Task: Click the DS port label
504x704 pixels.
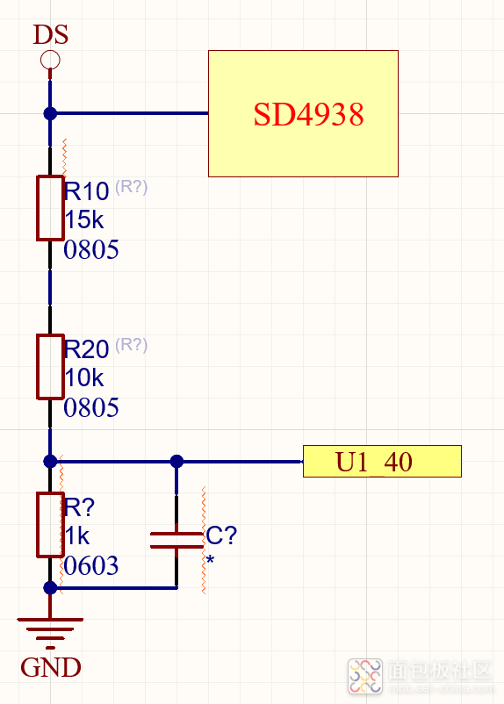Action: pos(50,34)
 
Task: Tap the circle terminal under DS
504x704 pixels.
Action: pos(50,60)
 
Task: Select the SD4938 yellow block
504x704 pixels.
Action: pos(303,113)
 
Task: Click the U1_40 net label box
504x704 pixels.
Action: pos(382,461)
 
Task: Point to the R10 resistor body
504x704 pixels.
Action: pos(50,208)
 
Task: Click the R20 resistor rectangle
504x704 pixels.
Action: pos(50,366)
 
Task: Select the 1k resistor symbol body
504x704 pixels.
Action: pos(50,525)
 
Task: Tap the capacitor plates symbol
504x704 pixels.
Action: pos(176,540)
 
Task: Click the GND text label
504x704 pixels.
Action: pos(51,667)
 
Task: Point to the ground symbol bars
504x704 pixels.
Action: pos(50,633)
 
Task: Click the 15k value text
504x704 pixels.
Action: pos(84,220)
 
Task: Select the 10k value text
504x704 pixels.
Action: pos(84,378)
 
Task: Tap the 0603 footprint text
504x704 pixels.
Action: pos(91,565)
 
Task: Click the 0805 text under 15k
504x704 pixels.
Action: pos(91,249)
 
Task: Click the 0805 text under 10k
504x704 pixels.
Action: pos(91,407)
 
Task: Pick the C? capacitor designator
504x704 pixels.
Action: pos(221,535)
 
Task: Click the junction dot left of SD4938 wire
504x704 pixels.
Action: pos(50,113)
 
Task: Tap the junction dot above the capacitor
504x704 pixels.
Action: pos(177,461)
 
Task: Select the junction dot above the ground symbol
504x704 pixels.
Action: pos(50,587)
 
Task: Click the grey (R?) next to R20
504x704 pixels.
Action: pos(131,345)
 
